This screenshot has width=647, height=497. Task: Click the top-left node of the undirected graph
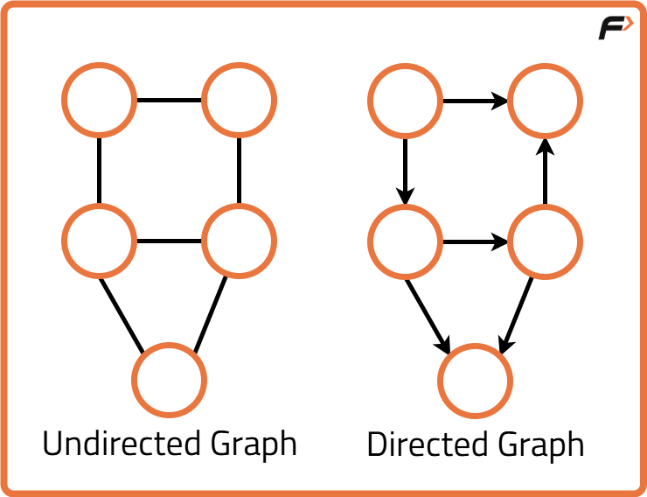coord(100,100)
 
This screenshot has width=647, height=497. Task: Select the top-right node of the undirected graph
coord(239,100)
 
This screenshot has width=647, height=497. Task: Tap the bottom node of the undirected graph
coord(170,381)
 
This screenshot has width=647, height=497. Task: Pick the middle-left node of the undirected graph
coord(100,240)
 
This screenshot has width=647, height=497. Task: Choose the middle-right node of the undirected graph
coord(239,240)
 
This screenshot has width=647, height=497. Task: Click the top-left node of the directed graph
coord(405,100)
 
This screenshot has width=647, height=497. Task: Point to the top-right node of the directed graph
coord(545,100)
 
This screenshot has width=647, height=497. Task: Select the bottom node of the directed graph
coord(475,381)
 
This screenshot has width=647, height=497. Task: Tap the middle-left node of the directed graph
coord(405,240)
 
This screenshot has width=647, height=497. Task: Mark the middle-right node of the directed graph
coord(545,240)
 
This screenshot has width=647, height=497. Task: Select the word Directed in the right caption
coord(427,444)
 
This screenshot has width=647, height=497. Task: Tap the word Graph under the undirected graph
coord(254,445)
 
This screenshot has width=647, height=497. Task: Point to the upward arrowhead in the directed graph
coord(545,146)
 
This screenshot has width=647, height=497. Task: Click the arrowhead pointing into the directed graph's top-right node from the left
coord(499,100)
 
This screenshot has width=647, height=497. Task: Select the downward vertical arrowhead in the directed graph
coord(405,193)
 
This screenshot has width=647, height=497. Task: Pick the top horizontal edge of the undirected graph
coord(170,100)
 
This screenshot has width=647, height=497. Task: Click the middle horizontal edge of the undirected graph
coord(170,240)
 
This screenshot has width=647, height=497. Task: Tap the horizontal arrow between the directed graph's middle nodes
coord(472,240)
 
